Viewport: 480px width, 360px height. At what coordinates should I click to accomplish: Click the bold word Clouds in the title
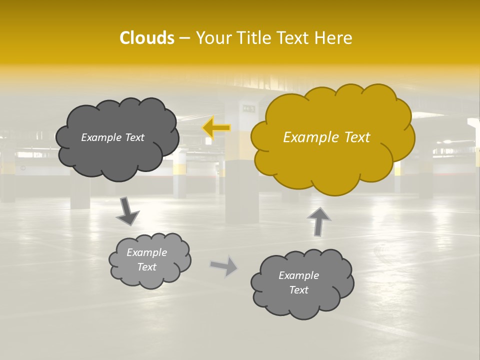pos(146,38)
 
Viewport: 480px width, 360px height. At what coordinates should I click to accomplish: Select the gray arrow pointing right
pos(224,265)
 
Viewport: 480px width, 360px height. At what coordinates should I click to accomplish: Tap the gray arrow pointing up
pos(318,221)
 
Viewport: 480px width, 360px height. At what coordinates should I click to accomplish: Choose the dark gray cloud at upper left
pos(117,157)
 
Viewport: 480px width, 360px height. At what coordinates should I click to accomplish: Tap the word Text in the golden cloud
pos(356,137)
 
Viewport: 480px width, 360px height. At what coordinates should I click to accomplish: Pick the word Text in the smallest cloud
pos(147,267)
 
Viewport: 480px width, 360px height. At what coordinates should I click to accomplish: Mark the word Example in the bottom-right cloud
pos(298,275)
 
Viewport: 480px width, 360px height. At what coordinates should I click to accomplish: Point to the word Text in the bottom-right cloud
pos(298,290)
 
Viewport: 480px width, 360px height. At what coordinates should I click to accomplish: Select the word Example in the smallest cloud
pos(147,252)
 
